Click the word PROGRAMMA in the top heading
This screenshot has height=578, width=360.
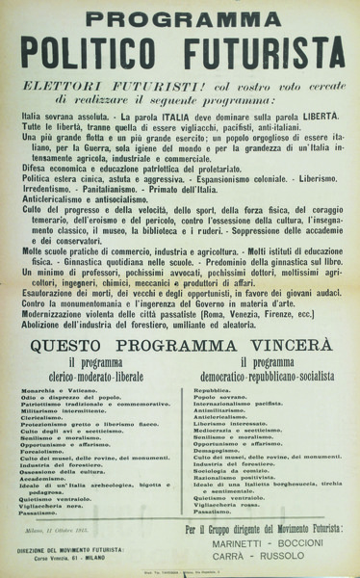(179, 17)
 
